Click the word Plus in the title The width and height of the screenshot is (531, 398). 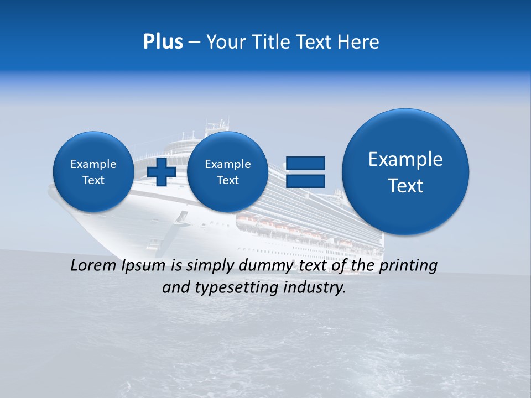(163, 42)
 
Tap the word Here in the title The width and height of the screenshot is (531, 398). (359, 42)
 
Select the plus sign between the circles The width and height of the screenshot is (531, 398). (162, 172)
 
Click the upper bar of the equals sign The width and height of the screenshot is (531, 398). (305, 163)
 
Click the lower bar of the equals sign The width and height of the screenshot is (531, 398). (305, 181)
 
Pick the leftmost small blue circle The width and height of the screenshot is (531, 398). (93, 172)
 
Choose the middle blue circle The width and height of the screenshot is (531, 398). (227, 172)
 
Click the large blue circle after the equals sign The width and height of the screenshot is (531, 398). (405, 172)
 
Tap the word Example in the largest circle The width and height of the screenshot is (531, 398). (405, 159)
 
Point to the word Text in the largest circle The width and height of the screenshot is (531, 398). (405, 186)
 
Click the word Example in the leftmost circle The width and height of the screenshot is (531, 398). (93, 164)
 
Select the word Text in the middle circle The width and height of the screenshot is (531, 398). (227, 180)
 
